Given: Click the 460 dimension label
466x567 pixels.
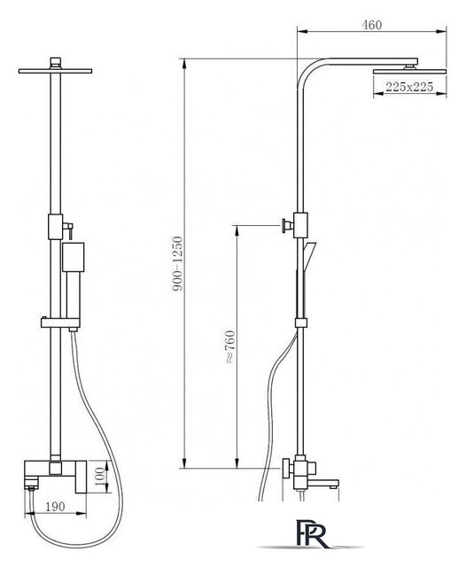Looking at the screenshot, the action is (x=371, y=25).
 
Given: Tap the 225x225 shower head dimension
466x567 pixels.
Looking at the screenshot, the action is (x=409, y=87).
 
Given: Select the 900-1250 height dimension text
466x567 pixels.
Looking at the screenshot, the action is (x=177, y=264).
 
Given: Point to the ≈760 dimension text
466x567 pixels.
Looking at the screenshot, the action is (x=229, y=346).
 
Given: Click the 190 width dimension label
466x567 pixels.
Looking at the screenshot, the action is (x=55, y=507).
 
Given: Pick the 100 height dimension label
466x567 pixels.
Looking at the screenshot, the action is (x=101, y=477).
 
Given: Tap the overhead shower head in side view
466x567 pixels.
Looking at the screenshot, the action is (x=410, y=71).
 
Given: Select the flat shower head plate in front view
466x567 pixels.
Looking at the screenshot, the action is (x=55, y=71).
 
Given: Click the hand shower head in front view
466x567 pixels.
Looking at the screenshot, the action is (x=73, y=257).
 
